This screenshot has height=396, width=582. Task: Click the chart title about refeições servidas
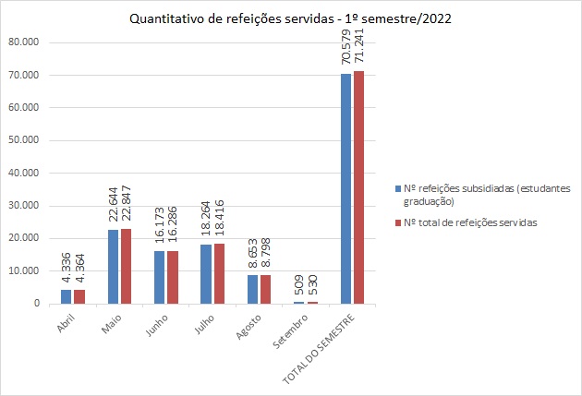point(290,18)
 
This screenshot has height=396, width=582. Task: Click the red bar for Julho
point(218,273)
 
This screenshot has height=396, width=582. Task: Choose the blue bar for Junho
point(159,277)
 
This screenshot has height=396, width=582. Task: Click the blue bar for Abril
point(66,296)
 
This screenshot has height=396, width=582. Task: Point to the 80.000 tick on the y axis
point(23,42)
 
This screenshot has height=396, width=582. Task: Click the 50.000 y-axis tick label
point(23,140)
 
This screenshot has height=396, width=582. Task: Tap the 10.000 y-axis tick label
point(23,270)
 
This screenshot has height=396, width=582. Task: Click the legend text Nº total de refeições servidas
point(471,222)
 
